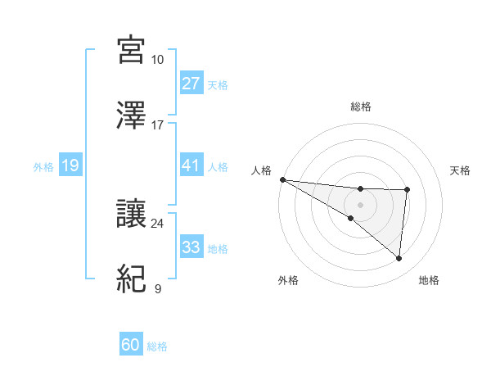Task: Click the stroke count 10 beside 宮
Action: coord(158,60)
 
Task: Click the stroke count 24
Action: coord(158,223)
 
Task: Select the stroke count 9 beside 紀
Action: coord(158,288)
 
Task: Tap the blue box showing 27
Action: coord(191,84)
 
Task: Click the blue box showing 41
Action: coord(191,165)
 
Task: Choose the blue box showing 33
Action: coord(191,247)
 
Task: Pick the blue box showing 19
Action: coord(70,166)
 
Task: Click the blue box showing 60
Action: coord(130,346)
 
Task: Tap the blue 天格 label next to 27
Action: coord(217,84)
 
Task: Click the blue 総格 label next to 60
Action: coord(157,346)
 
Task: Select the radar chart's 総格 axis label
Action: coord(361,106)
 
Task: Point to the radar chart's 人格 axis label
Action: coord(261,170)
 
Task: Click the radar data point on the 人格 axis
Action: coord(282,179)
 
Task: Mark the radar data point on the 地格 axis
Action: coord(399,259)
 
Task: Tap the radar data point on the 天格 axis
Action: coord(407,190)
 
